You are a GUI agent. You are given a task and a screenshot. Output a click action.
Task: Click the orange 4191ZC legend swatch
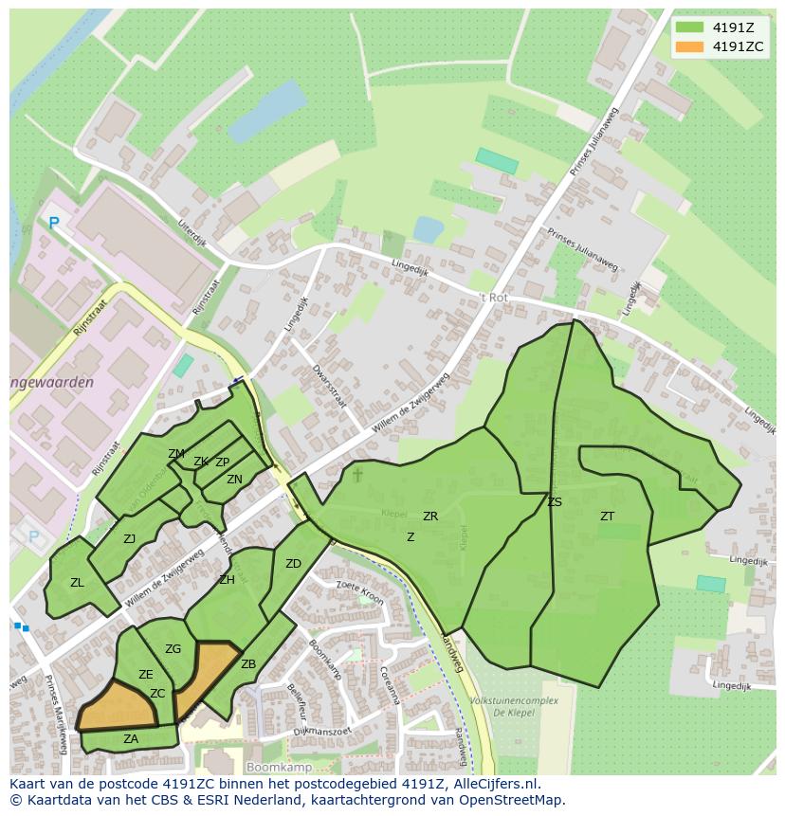click(690, 46)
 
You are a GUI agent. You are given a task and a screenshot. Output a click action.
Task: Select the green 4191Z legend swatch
click(690, 27)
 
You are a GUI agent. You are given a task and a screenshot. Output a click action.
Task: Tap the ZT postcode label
click(607, 517)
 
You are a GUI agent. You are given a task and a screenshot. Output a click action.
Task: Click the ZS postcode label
click(555, 502)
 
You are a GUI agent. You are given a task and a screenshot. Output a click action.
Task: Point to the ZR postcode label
click(430, 517)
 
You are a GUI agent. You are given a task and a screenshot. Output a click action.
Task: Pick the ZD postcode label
click(293, 564)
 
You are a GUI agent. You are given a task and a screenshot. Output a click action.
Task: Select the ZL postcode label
click(77, 583)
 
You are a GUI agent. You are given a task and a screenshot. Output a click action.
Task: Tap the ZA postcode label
click(131, 739)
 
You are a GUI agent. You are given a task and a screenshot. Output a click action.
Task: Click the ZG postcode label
click(173, 649)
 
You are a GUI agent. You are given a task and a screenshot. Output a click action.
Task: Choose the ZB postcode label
click(248, 664)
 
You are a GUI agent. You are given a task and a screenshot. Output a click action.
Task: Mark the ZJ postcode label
click(130, 539)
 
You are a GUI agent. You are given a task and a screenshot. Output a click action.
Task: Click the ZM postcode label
click(176, 454)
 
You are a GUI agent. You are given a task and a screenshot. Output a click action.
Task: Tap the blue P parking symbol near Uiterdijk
click(54, 224)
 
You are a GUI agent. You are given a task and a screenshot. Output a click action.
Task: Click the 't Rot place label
click(493, 297)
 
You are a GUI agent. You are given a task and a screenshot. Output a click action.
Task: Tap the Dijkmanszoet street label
click(322, 731)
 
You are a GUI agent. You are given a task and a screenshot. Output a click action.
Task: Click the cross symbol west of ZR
click(357, 473)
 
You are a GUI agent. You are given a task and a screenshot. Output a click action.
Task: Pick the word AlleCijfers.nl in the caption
click(493, 784)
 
